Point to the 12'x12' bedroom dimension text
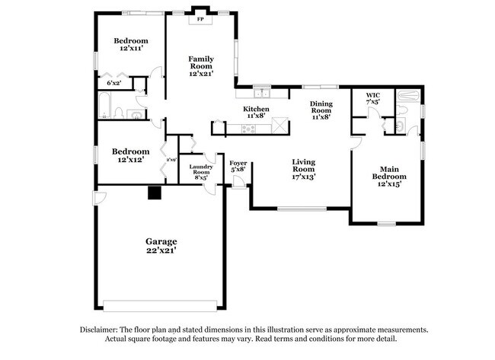[130, 160]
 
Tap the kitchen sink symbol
[261, 94]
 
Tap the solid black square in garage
[155, 193]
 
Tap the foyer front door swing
[239, 181]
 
